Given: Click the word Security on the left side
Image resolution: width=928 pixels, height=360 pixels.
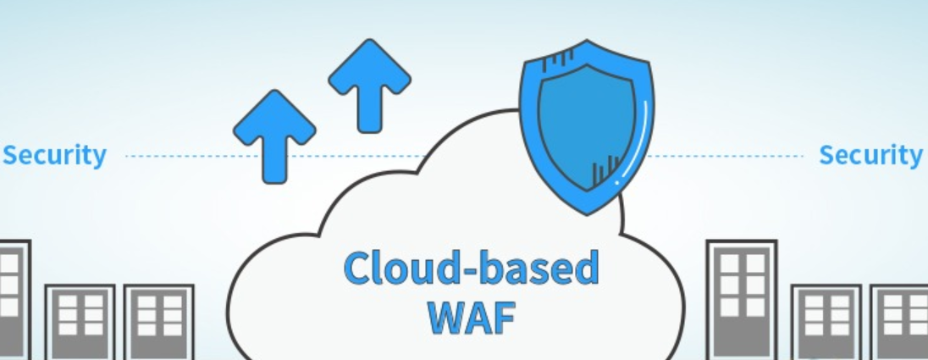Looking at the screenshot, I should (55, 156).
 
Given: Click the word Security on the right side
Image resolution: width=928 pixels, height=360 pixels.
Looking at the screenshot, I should (870, 156).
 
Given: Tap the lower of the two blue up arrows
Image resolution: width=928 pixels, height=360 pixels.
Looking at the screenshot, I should (273, 136).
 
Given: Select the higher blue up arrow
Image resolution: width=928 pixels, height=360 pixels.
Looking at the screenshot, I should (369, 85).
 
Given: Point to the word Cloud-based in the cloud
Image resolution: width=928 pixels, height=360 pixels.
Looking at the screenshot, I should (470, 269).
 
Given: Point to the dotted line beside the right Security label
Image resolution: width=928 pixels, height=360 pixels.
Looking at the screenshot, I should (728, 157).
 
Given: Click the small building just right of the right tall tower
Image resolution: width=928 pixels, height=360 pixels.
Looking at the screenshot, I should (826, 322).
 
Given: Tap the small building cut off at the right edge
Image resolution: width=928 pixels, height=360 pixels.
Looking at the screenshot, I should (902, 322).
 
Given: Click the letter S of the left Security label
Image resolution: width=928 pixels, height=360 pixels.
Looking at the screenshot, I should (12, 156).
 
